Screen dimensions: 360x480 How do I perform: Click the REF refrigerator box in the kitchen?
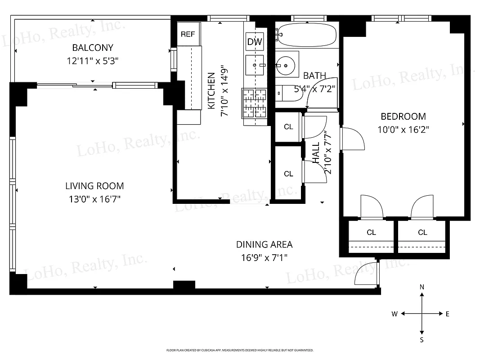pyautogui.click(x=188, y=34)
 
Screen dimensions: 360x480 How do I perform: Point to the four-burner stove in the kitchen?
pyautogui.click(x=255, y=103)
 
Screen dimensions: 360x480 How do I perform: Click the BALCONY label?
pyautogui.click(x=93, y=47)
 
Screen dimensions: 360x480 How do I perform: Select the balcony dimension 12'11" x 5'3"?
pyautogui.click(x=93, y=60)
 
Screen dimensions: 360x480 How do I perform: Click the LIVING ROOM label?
pyautogui.click(x=94, y=185)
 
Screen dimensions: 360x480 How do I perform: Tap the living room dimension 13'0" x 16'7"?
pyautogui.click(x=94, y=198)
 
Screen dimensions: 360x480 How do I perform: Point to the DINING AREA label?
pyautogui.click(x=264, y=244)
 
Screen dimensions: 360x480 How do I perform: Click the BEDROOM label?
pyautogui.click(x=403, y=117)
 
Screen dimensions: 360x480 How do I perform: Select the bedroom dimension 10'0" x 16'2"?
pyautogui.click(x=403, y=130)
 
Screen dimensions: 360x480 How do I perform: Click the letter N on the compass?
pyautogui.click(x=422, y=287)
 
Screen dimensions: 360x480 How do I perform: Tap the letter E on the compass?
pyautogui.click(x=448, y=314)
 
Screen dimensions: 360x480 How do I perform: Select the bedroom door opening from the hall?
pyautogui.click(x=352, y=139)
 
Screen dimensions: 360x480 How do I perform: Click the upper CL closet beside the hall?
pyautogui.click(x=288, y=127)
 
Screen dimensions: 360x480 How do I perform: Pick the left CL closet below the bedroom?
pyautogui.click(x=371, y=232)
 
